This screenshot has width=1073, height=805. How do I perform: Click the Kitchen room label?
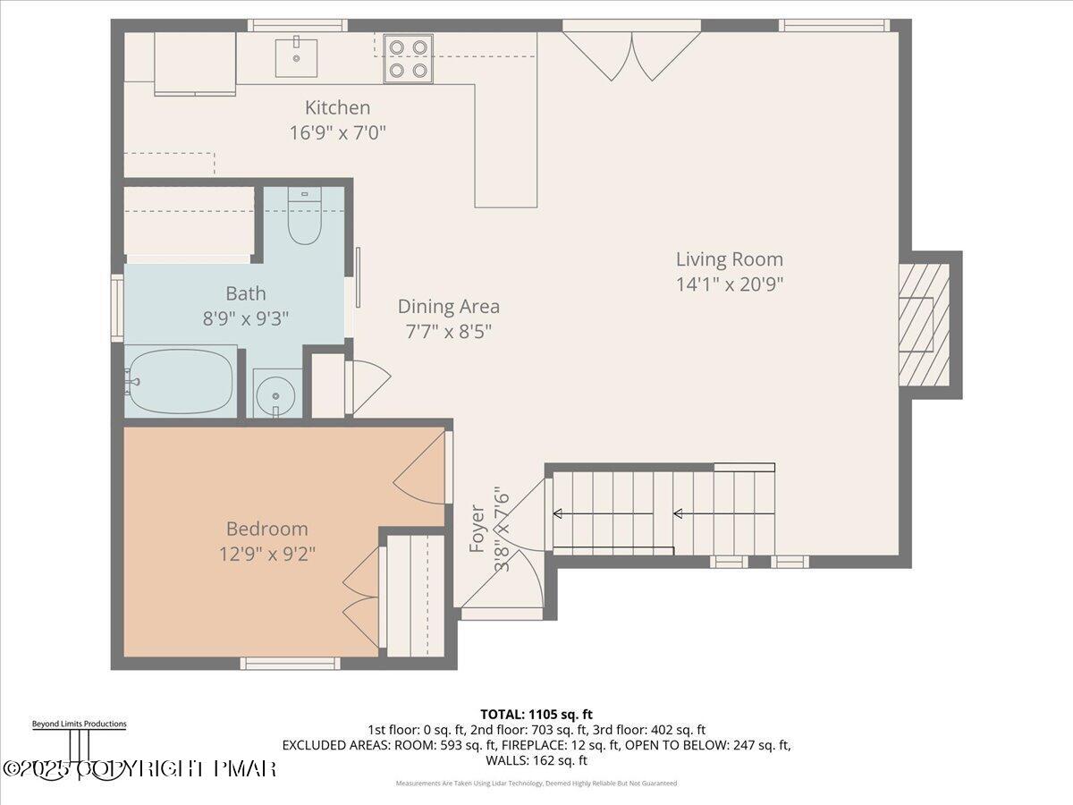[x=337, y=108]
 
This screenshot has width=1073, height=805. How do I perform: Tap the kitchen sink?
[x=296, y=56]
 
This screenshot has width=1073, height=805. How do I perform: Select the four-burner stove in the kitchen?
[x=409, y=59]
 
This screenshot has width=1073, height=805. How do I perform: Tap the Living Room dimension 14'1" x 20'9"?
[x=729, y=284]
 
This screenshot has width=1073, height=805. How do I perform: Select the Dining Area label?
[x=448, y=307]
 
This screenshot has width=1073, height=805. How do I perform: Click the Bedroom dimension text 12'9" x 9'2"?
[x=266, y=553]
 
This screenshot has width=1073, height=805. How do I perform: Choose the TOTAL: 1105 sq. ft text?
[x=536, y=714]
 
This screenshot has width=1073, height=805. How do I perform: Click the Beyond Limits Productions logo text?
[x=79, y=724]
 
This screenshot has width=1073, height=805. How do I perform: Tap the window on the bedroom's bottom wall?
[x=290, y=663]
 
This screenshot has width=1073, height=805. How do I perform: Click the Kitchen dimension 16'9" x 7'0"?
[x=338, y=133]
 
